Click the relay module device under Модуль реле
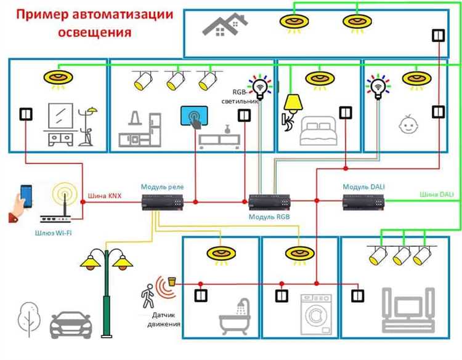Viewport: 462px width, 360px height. tap(162, 202)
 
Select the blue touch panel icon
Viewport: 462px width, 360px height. tap(195, 116)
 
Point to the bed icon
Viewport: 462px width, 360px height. tap(318, 130)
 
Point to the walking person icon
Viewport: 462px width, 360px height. tap(148, 296)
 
